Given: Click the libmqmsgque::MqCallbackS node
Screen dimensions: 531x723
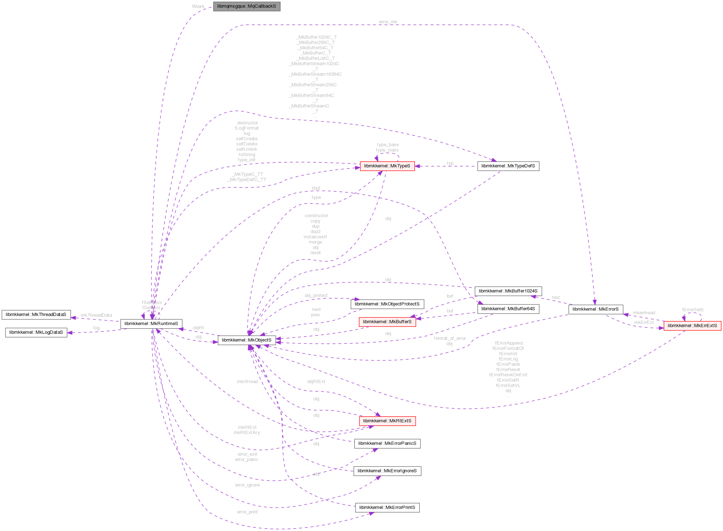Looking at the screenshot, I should [x=247, y=6].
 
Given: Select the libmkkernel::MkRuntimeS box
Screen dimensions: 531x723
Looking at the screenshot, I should [x=151, y=324].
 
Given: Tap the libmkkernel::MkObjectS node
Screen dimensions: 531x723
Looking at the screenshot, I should [x=247, y=340].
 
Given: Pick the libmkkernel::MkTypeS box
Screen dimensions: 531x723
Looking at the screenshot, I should [x=387, y=166].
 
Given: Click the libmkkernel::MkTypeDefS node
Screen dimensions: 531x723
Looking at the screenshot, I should [x=508, y=166].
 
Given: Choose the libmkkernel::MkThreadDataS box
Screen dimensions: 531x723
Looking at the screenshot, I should [x=36, y=315].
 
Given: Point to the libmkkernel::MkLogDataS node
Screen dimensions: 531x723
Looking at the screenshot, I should [x=36, y=332].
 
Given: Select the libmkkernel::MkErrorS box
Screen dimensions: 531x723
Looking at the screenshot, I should [x=595, y=309].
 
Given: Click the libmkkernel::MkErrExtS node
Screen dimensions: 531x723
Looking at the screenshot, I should [x=692, y=326].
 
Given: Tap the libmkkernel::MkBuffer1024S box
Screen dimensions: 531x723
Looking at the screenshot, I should [x=508, y=291].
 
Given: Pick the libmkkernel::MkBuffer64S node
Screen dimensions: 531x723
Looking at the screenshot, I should [x=508, y=309].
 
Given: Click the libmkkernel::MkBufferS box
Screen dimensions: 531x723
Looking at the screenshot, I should [x=387, y=322].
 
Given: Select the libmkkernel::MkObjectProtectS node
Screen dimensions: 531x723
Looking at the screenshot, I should [x=387, y=304].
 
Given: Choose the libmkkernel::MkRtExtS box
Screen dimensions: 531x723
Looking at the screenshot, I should [x=387, y=421].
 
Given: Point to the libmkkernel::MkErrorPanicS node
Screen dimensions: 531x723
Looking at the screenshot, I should [x=387, y=443].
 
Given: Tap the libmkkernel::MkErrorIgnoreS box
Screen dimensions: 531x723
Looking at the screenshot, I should [x=387, y=471].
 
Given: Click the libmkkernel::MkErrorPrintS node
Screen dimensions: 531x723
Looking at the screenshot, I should [x=387, y=508].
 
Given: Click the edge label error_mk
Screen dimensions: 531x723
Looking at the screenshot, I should [x=388, y=22].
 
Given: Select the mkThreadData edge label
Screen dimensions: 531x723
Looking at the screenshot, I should [x=96, y=315].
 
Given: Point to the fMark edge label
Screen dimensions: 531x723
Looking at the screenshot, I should [x=198, y=6].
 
